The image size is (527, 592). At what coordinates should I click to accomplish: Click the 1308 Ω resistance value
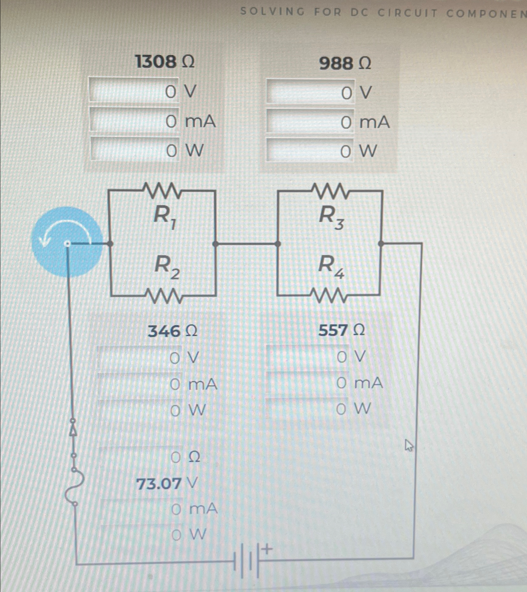165,62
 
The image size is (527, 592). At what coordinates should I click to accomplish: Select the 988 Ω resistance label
345,64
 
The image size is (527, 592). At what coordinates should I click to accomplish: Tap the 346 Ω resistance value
172,331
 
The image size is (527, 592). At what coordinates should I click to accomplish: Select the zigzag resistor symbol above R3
330,191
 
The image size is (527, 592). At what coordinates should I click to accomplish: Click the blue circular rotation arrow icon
67,242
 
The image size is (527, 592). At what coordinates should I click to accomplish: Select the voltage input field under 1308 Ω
134,90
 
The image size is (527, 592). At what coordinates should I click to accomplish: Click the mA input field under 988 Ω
310,121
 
